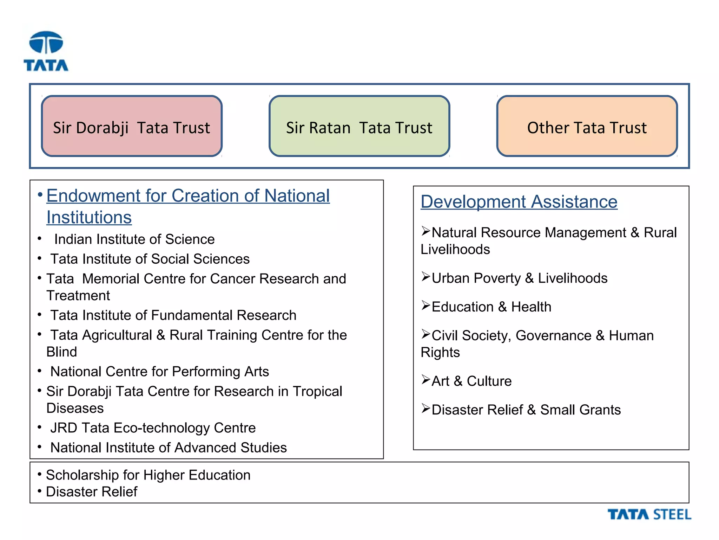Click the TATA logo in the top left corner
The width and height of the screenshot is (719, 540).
point(46,51)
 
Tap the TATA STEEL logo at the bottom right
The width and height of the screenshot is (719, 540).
point(649,514)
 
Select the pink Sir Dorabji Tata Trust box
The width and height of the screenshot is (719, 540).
point(132,126)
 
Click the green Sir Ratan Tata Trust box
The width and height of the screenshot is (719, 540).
point(359,126)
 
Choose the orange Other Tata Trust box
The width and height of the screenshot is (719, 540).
point(587,126)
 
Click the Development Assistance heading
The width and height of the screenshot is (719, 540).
point(519,202)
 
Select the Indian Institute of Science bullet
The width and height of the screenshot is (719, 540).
point(134,239)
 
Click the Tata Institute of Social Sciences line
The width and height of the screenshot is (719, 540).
point(150,259)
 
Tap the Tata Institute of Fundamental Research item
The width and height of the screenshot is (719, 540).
point(173,315)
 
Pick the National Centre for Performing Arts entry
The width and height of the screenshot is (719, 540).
point(159,372)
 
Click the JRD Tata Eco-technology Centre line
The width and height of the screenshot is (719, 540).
point(153,428)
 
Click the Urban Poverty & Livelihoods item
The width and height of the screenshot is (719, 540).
point(519,278)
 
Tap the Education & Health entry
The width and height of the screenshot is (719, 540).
point(491,307)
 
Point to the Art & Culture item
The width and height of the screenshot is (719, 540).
point(471,381)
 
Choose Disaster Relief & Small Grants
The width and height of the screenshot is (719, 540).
point(526,410)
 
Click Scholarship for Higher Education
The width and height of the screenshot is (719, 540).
point(148,475)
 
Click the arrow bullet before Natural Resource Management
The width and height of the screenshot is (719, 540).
point(426,231)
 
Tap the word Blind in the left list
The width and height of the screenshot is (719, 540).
point(62,352)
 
